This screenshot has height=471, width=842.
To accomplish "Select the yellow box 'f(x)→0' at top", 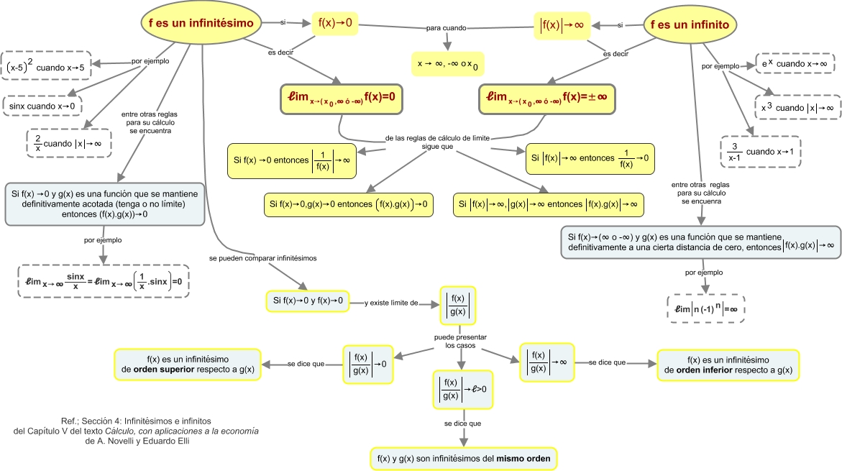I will [335, 23].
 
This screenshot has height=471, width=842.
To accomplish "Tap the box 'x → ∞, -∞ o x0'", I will [447, 64].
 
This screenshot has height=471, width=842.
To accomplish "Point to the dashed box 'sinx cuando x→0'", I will [42, 106].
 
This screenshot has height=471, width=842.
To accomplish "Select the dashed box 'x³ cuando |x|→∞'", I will [797, 107].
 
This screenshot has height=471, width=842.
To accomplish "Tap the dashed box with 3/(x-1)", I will [761, 152].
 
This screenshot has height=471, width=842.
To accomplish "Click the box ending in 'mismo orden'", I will [464, 457].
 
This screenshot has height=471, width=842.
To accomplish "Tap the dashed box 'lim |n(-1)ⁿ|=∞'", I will [706, 308].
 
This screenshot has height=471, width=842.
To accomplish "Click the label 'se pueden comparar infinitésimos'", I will [262, 257].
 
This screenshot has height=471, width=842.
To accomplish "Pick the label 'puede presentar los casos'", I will [460, 341].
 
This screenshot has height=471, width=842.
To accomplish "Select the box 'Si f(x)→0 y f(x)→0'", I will [307, 300].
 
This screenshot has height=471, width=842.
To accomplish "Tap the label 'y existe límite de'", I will [392, 303].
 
